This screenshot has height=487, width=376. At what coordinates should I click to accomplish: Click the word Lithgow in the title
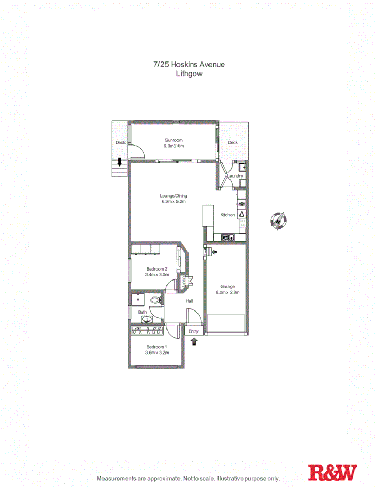[189, 74]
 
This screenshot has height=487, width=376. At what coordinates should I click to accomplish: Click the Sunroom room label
[173, 140]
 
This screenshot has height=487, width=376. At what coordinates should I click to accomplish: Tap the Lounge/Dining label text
[173, 196]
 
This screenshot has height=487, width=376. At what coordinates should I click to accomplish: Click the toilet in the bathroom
[155, 301]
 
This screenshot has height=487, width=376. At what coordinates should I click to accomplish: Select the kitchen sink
[227, 237]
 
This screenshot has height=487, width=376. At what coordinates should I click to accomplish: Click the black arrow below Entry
[194, 341]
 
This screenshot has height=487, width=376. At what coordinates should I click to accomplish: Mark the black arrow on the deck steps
[120, 162]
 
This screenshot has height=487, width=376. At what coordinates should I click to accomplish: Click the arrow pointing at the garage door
[214, 253]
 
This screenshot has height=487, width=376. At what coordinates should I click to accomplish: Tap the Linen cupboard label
[184, 282]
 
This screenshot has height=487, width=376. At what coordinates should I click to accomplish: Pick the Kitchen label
[227, 215]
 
